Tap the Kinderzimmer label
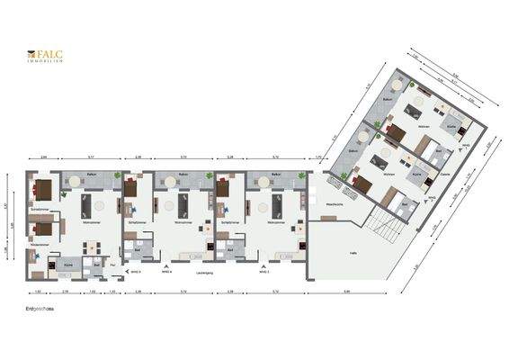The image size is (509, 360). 40,243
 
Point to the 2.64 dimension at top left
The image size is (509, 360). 43,158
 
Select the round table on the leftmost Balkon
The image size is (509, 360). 75,180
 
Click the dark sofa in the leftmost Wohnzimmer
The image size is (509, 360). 88,204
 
